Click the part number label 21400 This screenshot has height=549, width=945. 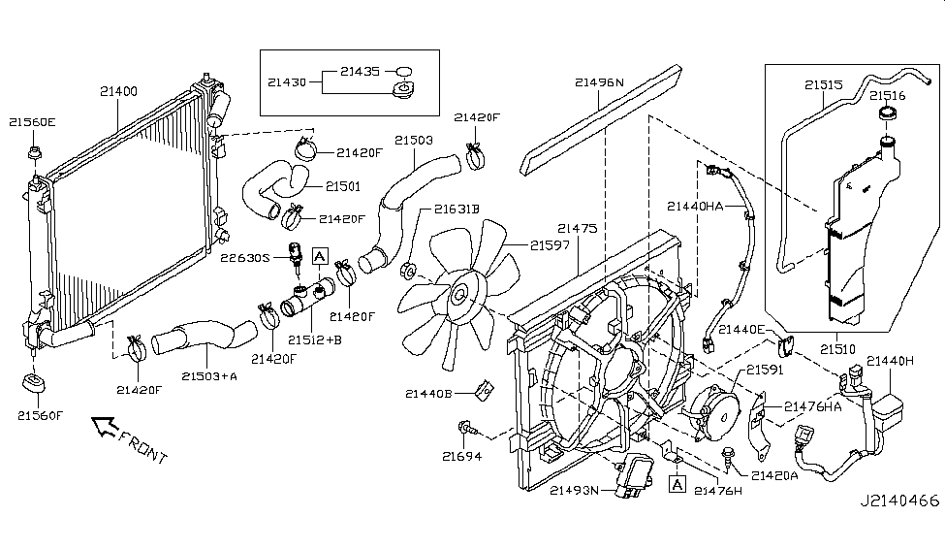tap(118, 91)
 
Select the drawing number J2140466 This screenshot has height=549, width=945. tap(899, 501)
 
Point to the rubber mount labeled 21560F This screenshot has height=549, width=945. tap(33, 384)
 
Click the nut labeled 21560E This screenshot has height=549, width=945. tap(35, 152)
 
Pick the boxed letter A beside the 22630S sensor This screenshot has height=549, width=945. tap(320, 256)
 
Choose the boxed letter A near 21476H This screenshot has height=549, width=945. tap(677, 484)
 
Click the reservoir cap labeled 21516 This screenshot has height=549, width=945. tap(888, 113)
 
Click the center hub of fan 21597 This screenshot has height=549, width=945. tap(459, 295)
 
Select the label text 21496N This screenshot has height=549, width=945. tap(599, 82)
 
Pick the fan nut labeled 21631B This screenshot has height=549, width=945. tap(408, 271)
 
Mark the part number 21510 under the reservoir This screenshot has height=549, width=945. tap(837, 349)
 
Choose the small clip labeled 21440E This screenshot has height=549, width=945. tap(786, 346)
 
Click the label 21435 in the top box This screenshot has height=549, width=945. tap(360, 71)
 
